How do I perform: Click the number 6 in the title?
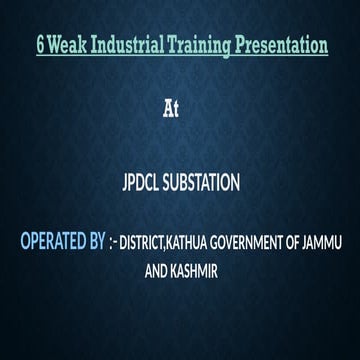(38, 47)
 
